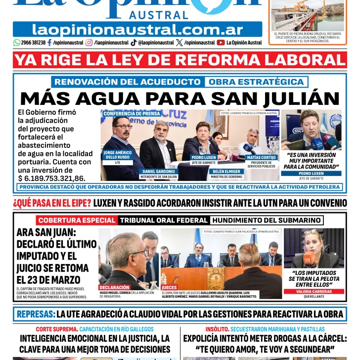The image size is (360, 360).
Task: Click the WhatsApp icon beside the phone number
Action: (17, 43)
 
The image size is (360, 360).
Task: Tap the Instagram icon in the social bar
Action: (89, 43)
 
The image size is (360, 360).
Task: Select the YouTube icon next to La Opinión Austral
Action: (221, 43)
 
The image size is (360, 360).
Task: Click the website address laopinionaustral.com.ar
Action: (137, 29)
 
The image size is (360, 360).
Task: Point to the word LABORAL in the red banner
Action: (304, 60)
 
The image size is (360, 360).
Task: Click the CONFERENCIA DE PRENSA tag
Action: (132, 113)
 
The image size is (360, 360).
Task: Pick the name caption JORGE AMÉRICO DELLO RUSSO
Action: (118, 155)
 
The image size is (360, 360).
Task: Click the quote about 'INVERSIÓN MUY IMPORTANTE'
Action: (311, 161)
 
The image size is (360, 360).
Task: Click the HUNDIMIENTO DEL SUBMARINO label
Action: (267, 221)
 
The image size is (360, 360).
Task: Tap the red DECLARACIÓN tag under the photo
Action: (115, 287)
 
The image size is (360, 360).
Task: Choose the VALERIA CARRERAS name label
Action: (314, 291)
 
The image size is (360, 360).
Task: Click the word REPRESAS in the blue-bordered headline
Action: (35, 314)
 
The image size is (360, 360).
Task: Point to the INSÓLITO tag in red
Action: (218, 329)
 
